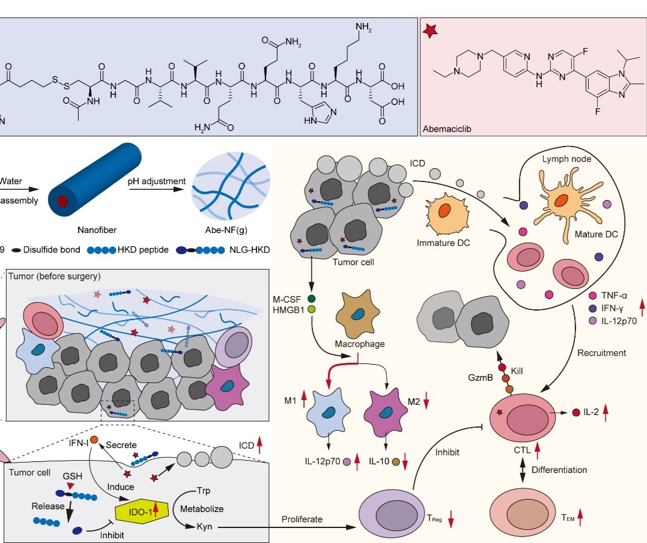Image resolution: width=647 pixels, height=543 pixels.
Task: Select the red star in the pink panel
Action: coord(431,31)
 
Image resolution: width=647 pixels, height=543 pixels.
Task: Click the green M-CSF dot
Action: coord(311,298)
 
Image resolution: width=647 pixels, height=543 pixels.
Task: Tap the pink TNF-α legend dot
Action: coord(594,295)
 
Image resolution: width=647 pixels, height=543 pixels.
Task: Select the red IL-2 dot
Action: coord(576,412)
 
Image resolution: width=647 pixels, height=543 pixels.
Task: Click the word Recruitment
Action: coord(601,353)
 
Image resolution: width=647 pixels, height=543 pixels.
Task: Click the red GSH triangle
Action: coord(71,485)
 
